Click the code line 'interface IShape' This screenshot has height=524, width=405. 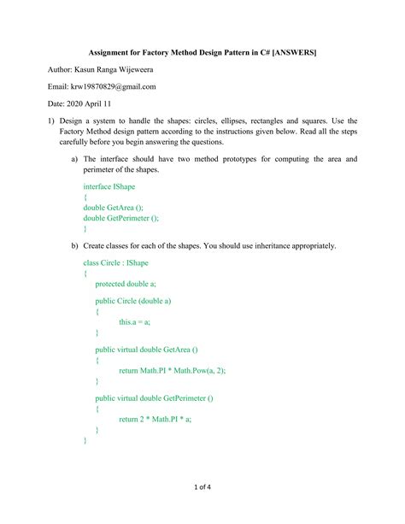pyautogui.click(x=109, y=185)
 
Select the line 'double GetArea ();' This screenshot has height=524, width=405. pyautogui.click(x=113, y=207)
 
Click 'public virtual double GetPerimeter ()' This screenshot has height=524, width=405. pyautogui.click(x=154, y=398)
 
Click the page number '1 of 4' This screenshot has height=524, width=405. pyautogui.click(x=202, y=487)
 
